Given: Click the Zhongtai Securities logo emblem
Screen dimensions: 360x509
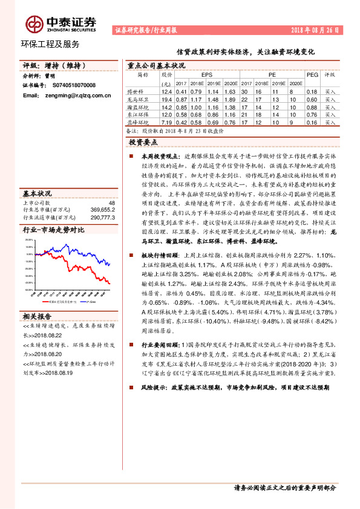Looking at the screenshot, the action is point(33,24).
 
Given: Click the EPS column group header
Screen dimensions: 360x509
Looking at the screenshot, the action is point(207,76).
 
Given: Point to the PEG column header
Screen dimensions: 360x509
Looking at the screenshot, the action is point(312,76).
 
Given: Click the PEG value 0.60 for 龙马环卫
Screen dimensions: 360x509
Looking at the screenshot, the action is point(312,99).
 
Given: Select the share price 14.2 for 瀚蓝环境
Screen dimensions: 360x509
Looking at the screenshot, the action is point(168,106).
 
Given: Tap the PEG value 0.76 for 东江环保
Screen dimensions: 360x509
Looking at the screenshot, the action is point(312,114).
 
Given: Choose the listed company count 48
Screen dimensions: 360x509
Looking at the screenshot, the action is point(111,203).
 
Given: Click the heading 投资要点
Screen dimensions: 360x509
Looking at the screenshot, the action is point(143,142).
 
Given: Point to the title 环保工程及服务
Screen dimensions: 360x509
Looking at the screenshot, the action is point(50,44).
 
